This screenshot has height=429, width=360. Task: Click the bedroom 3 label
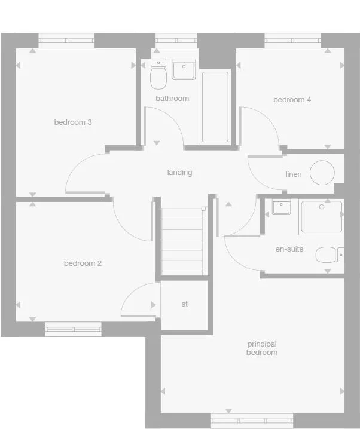tap(72, 122)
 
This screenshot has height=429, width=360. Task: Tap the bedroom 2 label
tap(83, 263)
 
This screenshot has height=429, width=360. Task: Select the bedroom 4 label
tap(292, 100)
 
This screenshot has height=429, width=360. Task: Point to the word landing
tap(179, 173)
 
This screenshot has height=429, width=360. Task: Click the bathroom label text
tap(172, 99)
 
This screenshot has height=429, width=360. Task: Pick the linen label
tap(294, 174)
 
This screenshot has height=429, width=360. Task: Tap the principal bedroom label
tap(262, 348)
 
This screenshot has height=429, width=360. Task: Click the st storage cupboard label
tap(185, 304)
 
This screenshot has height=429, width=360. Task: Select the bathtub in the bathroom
tap(215, 107)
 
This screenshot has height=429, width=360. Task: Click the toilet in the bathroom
tap(158, 76)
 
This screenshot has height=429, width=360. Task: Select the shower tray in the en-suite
tap(322, 216)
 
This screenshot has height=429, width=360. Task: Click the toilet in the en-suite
tap(330, 255)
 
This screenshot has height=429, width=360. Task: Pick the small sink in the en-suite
tap(281, 207)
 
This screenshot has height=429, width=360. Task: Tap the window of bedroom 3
tap(66, 41)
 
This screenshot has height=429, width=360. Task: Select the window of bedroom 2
tap(74, 329)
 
